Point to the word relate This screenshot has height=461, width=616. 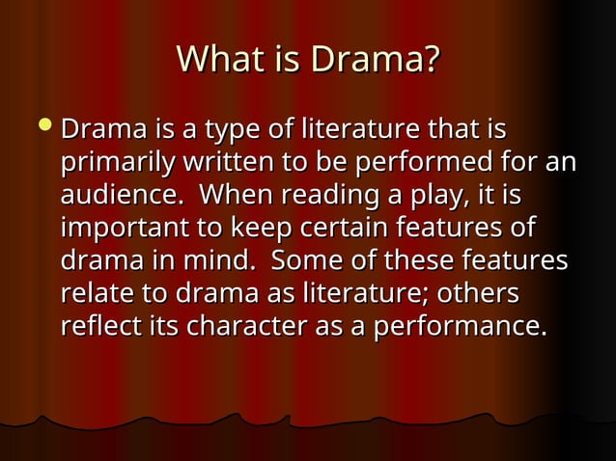tap(93, 293)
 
